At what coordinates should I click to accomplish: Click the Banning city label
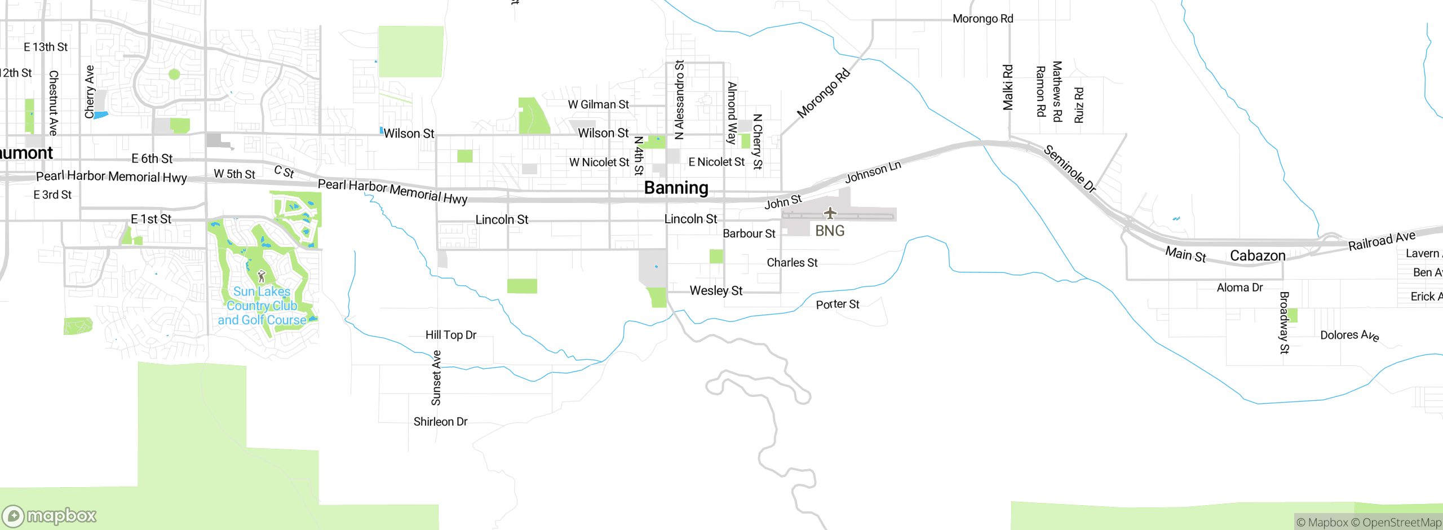pos(676,188)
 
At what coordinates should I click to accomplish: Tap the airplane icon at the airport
pos(830,213)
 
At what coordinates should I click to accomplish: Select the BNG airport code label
pos(830,231)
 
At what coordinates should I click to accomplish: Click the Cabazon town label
pos(1258,256)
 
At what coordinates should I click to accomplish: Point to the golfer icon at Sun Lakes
pos(261,276)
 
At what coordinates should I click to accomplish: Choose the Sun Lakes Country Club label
pos(262,306)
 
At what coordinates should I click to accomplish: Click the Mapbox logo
pos(50,515)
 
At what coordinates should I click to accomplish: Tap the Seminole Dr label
pos(1069,169)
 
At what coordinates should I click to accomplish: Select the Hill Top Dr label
pos(451,335)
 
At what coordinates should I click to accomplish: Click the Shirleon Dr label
pos(440,422)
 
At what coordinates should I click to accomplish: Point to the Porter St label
pos(838,304)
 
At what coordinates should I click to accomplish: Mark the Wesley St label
pos(716,291)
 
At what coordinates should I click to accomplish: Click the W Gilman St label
pos(598,104)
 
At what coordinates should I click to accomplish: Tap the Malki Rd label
pos(1008,87)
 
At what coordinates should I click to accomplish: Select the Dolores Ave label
pos(1349,335)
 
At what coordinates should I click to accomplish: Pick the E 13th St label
pos(46,47)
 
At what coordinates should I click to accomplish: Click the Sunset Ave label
pos(436,378)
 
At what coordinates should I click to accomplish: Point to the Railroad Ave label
pos(1382,241)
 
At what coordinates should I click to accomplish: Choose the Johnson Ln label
pos(873,172)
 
